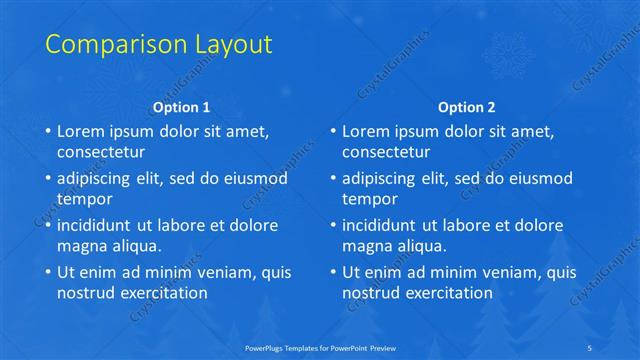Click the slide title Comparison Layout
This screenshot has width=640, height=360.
159,45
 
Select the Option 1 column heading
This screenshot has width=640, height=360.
181,107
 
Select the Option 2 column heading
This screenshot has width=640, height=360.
467,107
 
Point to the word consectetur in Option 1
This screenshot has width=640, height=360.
101,152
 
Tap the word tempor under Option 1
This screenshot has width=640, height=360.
82,199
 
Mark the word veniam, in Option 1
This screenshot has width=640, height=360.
222,272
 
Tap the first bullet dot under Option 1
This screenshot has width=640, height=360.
46,132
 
